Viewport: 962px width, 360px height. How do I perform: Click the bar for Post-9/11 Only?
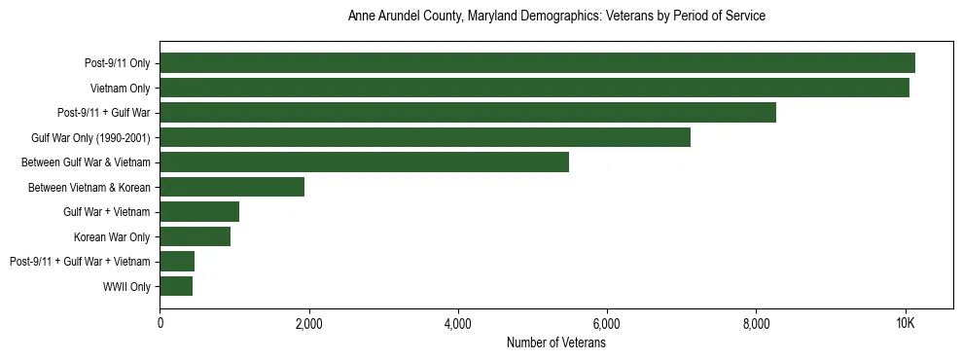pos(537,63)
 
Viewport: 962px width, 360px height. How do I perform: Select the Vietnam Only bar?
pos(534,88)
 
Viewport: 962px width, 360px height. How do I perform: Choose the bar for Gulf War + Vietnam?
pos(199,211)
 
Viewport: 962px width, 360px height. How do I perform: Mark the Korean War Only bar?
pos(195,236)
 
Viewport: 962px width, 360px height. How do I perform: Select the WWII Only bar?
pos(176,286)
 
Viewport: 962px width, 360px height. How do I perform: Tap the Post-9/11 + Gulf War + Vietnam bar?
pos(177,261)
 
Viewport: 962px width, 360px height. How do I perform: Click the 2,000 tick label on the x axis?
pos(308,324)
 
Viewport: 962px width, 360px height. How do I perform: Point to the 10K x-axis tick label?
pos(906,324)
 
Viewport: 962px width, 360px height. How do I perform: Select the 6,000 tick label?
pos(607,324)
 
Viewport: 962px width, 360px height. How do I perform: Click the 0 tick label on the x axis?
pos(160,324)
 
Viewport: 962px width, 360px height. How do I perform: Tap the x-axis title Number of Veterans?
pos(556,342)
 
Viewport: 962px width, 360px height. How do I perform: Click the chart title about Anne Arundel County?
pos(556,17)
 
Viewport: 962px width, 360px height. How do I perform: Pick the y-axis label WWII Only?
pos(126,286)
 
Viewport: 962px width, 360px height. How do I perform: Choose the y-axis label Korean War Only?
pos(112,236)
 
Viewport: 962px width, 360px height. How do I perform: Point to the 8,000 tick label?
pos(756,324)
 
